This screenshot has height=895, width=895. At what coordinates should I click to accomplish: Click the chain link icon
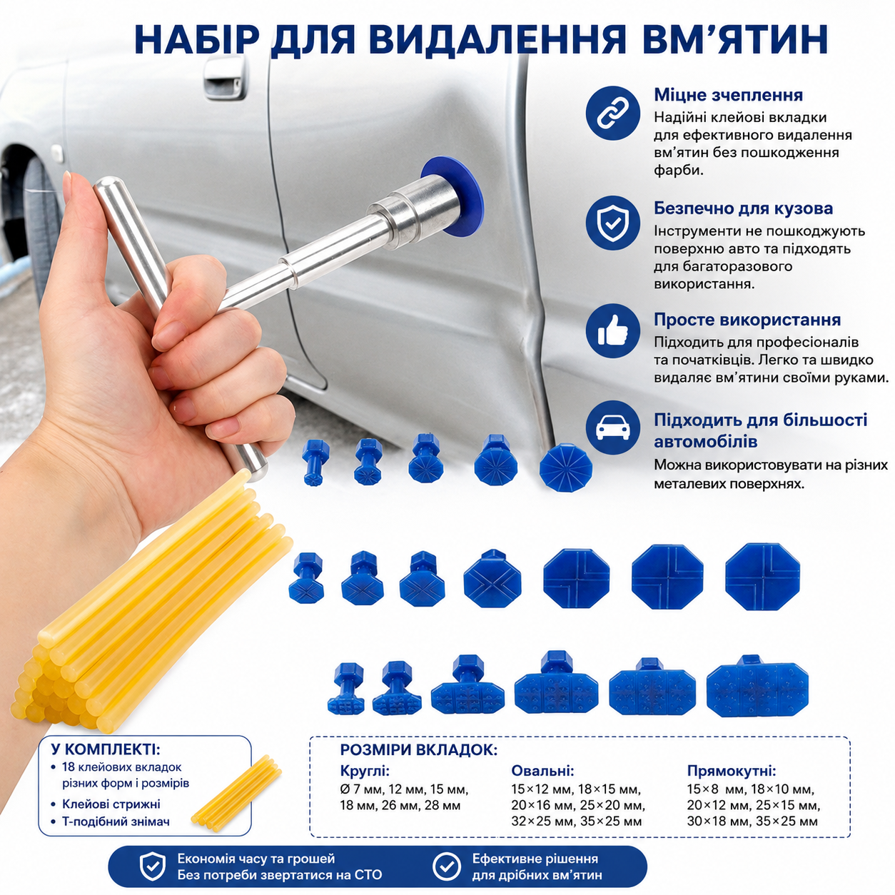click(x=612, y=113)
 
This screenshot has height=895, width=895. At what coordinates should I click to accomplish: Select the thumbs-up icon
click(x=612, y=330)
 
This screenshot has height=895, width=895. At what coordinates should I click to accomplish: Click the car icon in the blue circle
click(x=612, y=428)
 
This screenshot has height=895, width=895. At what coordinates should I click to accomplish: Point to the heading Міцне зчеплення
click(x=728, y=95)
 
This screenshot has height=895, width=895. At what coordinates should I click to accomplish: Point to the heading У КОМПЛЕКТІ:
click(x=106, y=749)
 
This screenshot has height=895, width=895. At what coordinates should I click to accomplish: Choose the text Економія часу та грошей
click(x=256, y=859)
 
